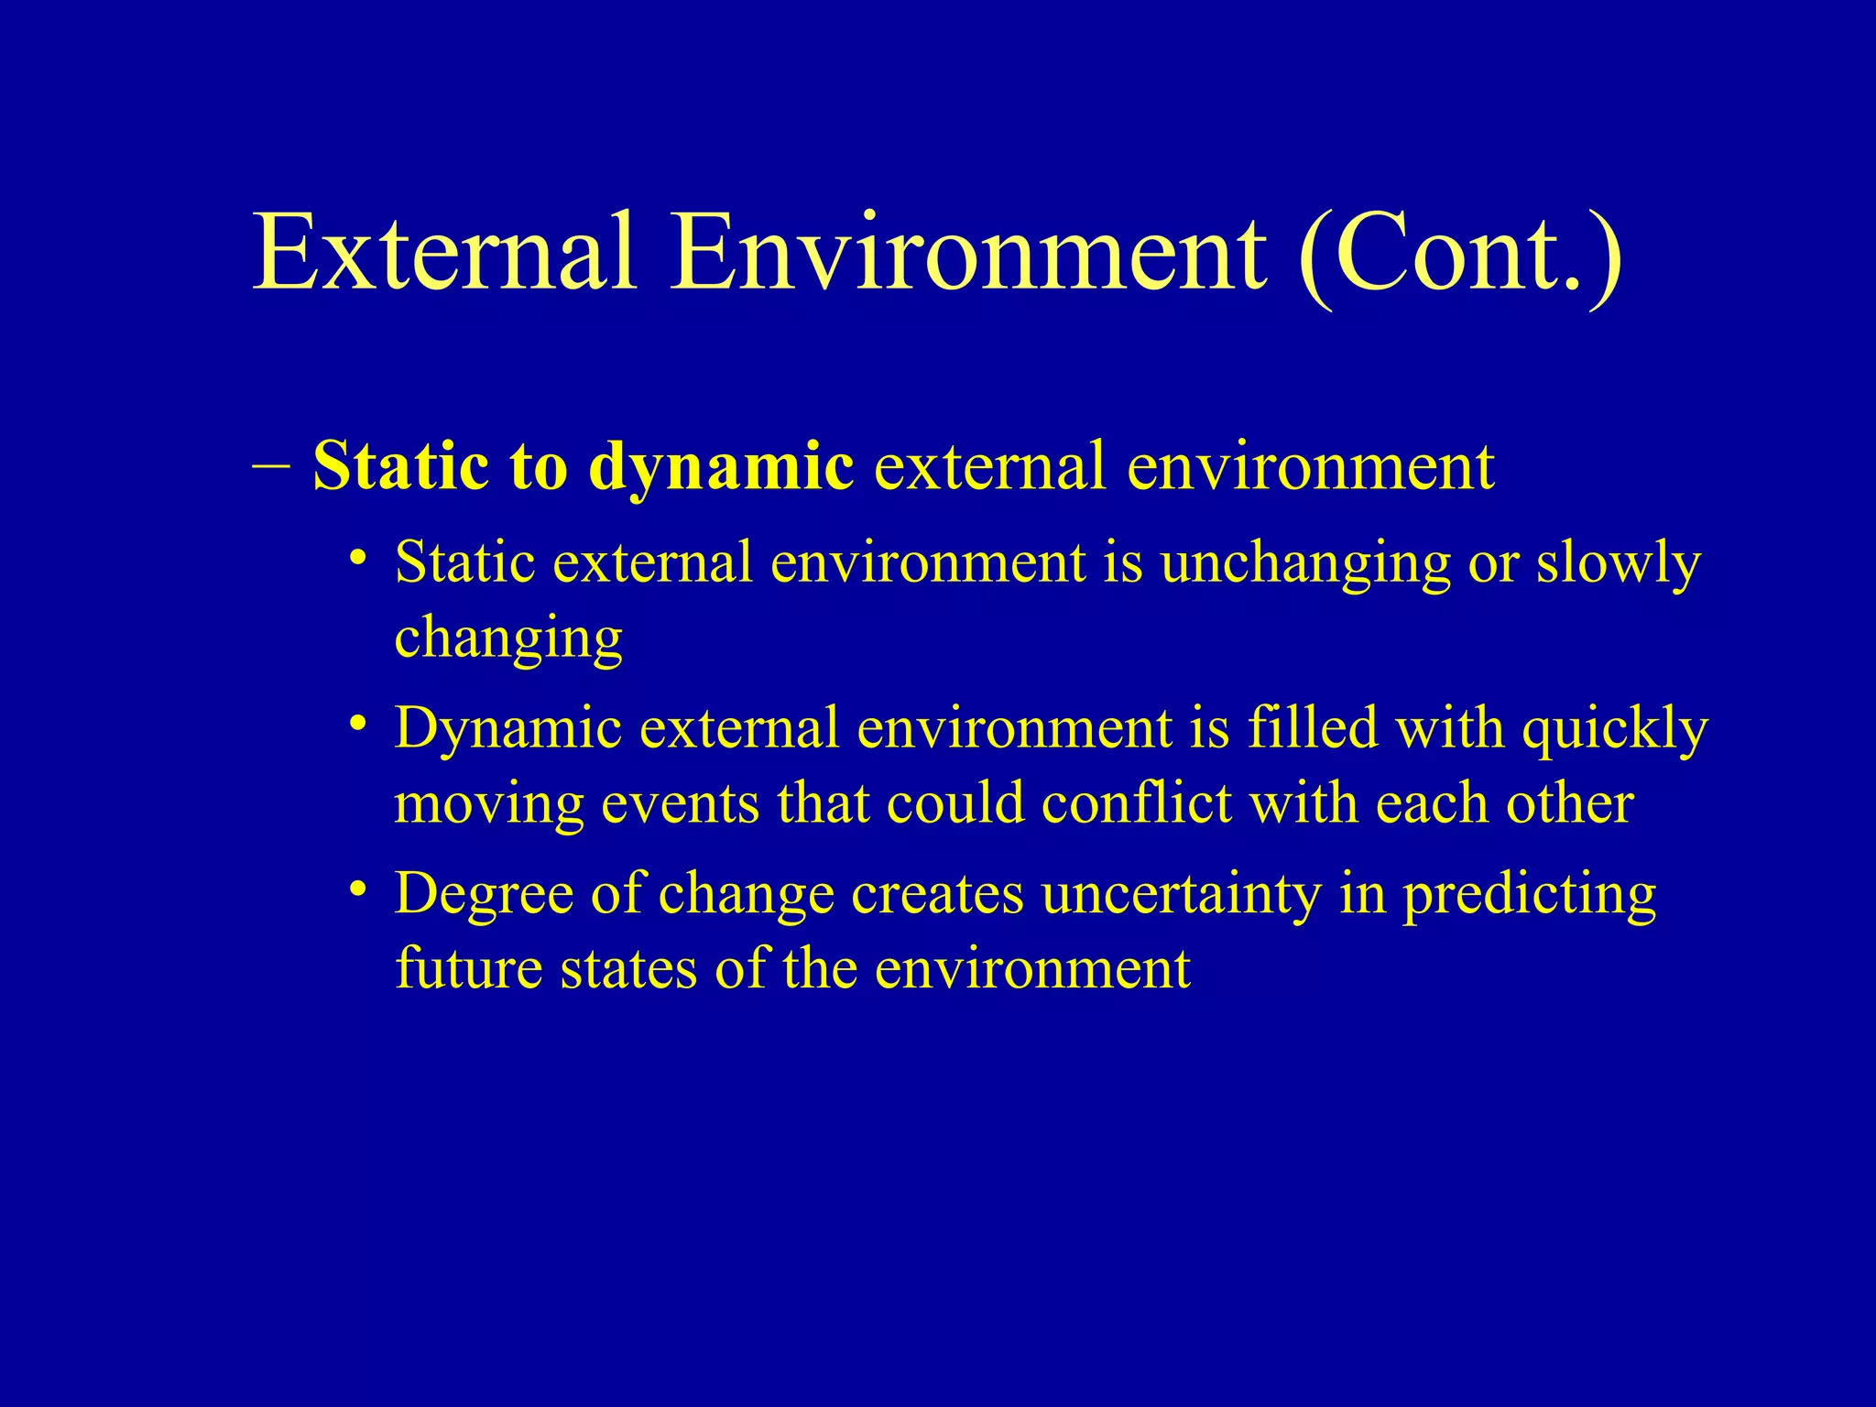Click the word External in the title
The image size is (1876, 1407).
coord(444,252)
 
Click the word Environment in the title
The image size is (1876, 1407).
coord(968,252)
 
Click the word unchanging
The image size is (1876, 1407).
coord(1305,564)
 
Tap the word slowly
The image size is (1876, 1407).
coord(1618,564)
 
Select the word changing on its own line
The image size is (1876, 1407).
coord(508,639)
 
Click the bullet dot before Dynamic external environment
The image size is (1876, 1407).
coord(358,724)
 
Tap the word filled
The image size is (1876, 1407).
coord(1313,729)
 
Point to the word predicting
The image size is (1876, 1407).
coord(1530,896)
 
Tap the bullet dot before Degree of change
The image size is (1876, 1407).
coord(358,889)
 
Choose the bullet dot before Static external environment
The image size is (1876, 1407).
coord(358,557)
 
